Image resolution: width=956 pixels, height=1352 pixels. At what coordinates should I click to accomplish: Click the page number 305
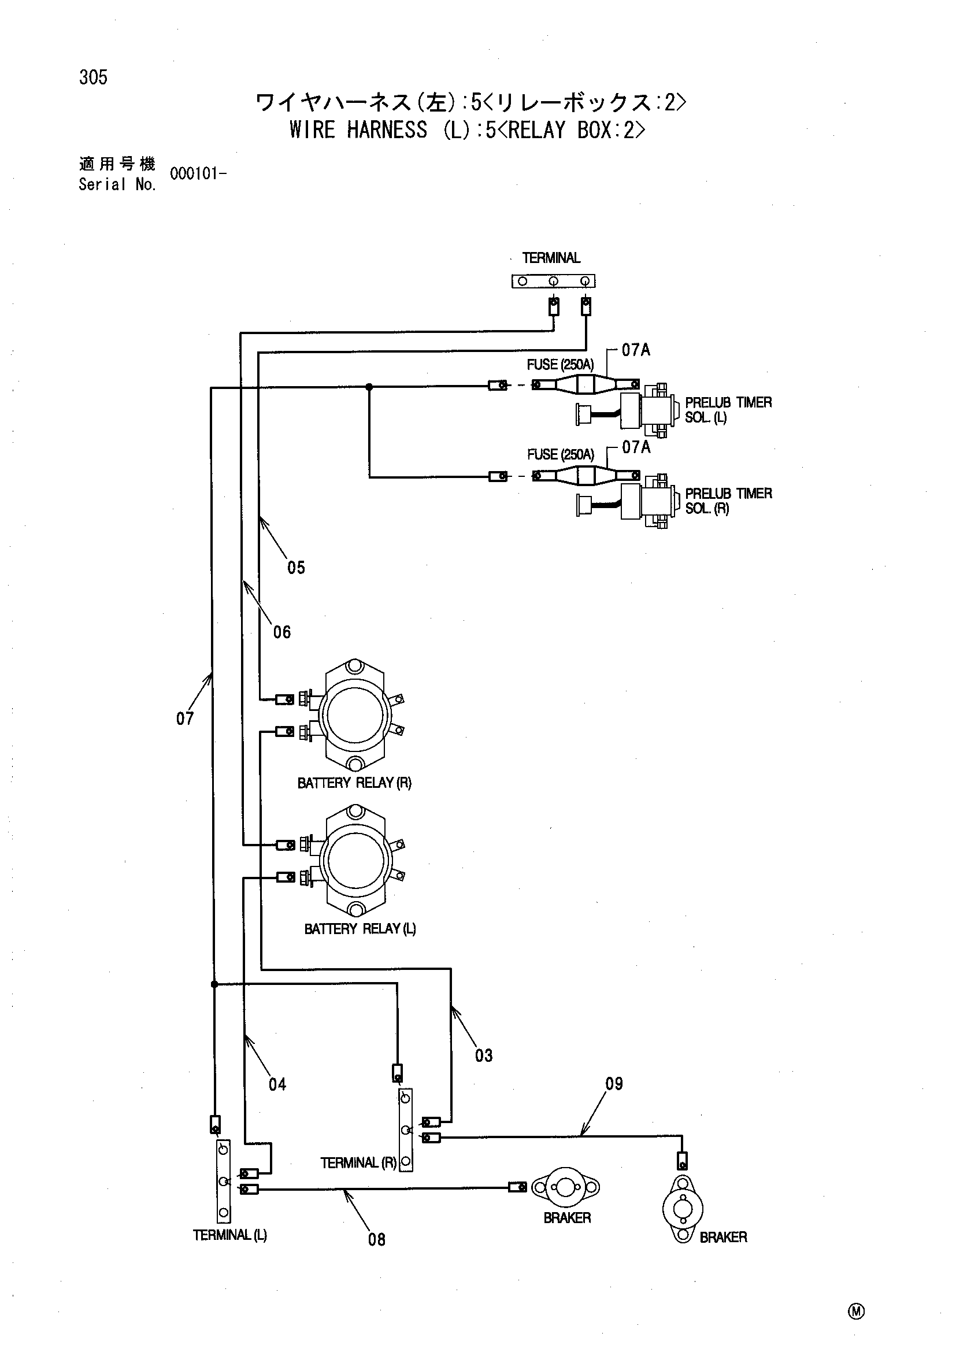[94, 77]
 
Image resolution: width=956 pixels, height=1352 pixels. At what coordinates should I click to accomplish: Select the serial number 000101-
[198, 174]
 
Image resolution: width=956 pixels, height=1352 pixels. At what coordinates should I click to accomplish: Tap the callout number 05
[296, 568]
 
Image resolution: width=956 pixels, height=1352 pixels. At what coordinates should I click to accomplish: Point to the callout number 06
[282, 632]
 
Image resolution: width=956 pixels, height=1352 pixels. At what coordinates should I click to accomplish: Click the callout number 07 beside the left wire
[185, 718]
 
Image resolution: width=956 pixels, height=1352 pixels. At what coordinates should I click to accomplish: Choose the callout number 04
[277, 1084]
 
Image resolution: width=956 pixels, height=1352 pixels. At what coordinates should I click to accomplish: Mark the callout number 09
[614, 1083]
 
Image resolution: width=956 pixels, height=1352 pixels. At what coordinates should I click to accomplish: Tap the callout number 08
[377, 1239]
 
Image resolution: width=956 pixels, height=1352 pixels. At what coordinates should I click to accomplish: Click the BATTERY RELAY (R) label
[354, 783]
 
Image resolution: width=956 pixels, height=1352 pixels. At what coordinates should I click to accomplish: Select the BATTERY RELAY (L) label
[360, 929]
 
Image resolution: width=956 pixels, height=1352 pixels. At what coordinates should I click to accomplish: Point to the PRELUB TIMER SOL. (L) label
[729, 410]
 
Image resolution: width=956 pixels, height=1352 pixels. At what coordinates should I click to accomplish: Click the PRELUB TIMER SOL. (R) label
[729, 501]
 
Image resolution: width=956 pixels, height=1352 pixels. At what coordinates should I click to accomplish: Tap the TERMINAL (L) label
[230, 1235]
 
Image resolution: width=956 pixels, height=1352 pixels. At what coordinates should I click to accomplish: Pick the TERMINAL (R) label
[358, 1162]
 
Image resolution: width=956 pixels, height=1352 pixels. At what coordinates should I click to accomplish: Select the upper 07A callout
[636, 350]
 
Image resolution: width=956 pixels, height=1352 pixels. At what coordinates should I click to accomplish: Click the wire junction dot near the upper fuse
[369, 387]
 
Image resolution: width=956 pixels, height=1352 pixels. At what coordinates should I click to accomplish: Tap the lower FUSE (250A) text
[561, 454]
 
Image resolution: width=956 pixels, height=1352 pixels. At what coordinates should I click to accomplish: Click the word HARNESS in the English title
[387, 129]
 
